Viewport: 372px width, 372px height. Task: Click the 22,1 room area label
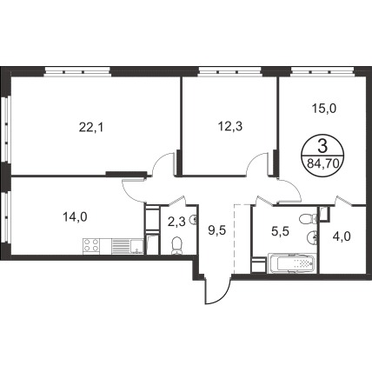tap(91, 128)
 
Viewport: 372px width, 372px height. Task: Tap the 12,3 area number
tap(230, 126)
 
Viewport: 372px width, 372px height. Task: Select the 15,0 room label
tap(324, 109)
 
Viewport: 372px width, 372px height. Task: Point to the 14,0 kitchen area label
tap(75, 216)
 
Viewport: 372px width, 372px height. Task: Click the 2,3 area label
tap(176, 223)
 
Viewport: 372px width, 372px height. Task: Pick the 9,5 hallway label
tap(217, 230)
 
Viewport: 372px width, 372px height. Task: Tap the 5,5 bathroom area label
tap(281, 232)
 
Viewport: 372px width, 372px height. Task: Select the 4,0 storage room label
tap(342, 237)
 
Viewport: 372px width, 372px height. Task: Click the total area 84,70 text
tap(323, 164)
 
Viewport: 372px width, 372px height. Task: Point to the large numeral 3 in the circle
tap(322, 146)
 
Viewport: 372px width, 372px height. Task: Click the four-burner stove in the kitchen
tap(91, 246)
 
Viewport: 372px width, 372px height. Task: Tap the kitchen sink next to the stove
tap(136, 247)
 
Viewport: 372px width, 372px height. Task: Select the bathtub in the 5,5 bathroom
tap(291, 263)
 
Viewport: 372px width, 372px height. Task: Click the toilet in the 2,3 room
tap(176, 246)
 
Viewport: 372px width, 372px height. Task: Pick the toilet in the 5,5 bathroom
tap(308, 219)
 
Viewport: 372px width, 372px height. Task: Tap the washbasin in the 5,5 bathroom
tap(311, 237)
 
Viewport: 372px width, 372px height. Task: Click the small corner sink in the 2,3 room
tap(193, 221)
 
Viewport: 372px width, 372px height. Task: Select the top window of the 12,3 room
tap(229, 71)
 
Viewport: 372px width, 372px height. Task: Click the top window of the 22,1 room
tap(77, 71)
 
